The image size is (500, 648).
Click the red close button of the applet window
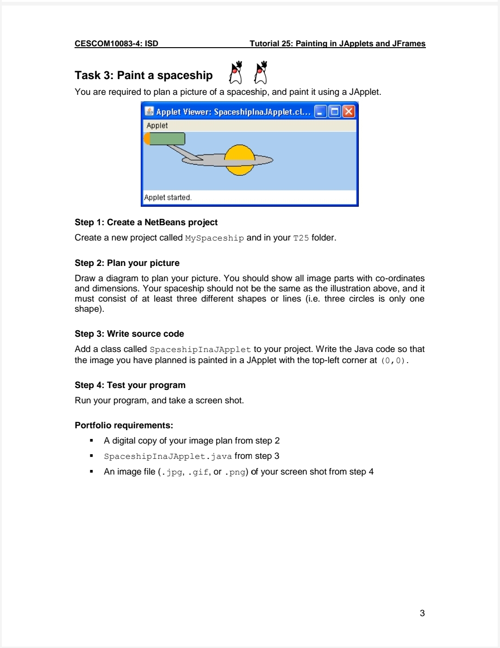349,111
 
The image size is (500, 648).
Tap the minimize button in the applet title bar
320,111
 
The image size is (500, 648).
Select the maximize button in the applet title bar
334,111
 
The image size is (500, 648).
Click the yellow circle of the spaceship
239,153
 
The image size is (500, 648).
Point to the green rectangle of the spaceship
167,139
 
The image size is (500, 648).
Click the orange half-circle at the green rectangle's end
146,139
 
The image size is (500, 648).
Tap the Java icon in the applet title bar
149,111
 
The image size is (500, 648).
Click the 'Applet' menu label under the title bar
157,125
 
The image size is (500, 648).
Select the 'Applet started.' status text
168,197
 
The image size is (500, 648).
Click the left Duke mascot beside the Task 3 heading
236,73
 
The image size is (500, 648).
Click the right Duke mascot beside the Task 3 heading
261,73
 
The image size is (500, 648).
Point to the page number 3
422,613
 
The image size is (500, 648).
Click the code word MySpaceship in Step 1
214,238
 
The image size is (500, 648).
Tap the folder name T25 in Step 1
301,238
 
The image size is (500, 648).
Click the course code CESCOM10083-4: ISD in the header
116,43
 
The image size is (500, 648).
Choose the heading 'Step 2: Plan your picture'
127,263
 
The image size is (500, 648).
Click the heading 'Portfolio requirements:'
124,426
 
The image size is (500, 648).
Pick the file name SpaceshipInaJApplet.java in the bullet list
168,457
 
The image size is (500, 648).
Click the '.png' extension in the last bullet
235,472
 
